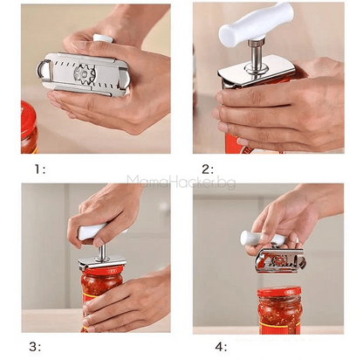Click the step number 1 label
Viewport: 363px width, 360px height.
40,169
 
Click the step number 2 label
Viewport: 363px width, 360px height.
208,169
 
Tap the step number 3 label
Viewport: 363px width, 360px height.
35,347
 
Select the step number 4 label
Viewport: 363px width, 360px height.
221,347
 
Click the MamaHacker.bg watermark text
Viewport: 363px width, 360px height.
181,182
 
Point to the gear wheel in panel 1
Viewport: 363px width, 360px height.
86,74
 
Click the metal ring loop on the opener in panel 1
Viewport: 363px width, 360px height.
43,69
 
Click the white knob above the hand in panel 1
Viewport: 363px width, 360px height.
103,38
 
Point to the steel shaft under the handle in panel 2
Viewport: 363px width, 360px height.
256,55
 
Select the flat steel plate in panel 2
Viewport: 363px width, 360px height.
256,73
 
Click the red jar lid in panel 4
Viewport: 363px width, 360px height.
278,292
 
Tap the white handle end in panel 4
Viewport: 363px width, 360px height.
248,238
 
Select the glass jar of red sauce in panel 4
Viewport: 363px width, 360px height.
278,310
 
